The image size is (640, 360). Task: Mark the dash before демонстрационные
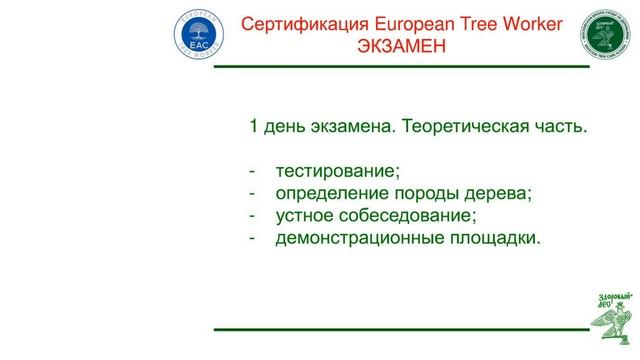pos(253,237)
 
